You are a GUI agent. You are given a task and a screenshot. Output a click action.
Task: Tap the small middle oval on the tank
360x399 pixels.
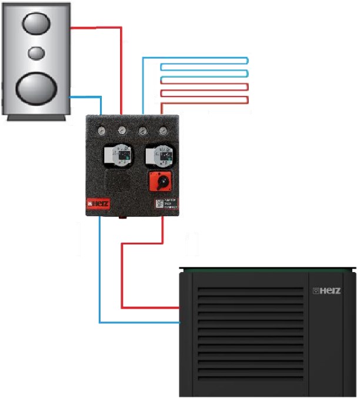click(37, 53)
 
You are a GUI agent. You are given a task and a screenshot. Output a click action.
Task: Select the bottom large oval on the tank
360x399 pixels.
click(35, 87)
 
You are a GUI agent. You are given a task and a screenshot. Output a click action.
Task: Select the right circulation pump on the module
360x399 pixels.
click(158, 155)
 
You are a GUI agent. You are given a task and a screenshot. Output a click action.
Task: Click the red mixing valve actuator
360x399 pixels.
click(159, 182)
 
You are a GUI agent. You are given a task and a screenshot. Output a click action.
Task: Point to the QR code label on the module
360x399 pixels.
click(159, 204)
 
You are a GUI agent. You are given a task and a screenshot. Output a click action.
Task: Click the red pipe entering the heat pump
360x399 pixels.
click(150, 307)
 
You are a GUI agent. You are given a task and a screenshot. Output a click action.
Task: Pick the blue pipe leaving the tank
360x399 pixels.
click(86, 96)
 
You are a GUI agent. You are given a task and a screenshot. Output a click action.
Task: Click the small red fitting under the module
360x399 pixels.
click(124, 218)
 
